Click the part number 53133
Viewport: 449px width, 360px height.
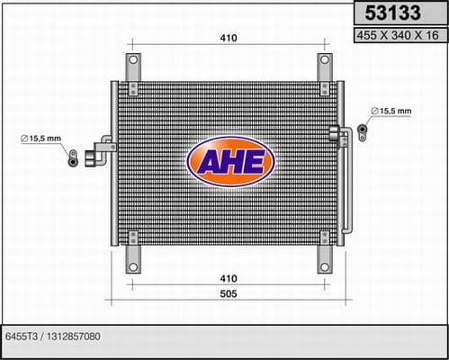pos(392,13)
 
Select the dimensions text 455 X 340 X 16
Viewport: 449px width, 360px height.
pos(398,35)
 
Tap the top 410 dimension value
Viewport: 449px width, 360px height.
pos(229,38)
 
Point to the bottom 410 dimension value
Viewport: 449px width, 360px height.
pos(229,278)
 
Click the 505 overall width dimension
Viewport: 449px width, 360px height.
pos(229,293)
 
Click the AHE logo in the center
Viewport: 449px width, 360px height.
pos(230,161)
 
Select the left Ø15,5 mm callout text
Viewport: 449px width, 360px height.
pos(40,139)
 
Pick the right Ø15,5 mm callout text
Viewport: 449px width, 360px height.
pos(391,111)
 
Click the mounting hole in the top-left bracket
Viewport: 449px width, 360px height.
pos(133,59)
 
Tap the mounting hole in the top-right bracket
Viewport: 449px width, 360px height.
pos(325,59)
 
